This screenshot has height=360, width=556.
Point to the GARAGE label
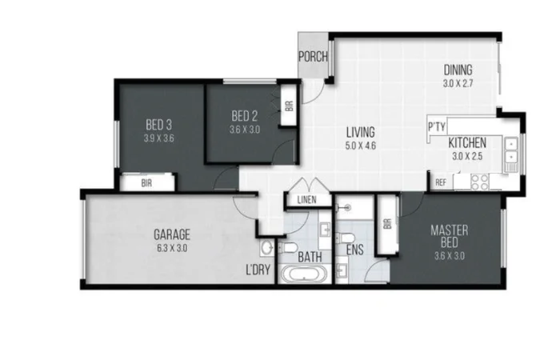(172, 235)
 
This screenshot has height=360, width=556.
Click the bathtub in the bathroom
(303, 276)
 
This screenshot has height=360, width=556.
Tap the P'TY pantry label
(436, 127)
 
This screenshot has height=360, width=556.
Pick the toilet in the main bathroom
(290, 246)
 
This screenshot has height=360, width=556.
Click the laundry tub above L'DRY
(266, 247)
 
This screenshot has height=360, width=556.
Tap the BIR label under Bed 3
(147, 182)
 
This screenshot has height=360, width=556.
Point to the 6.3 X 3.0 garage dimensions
(172, 248)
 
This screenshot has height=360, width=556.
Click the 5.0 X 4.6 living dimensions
(361, 146)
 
